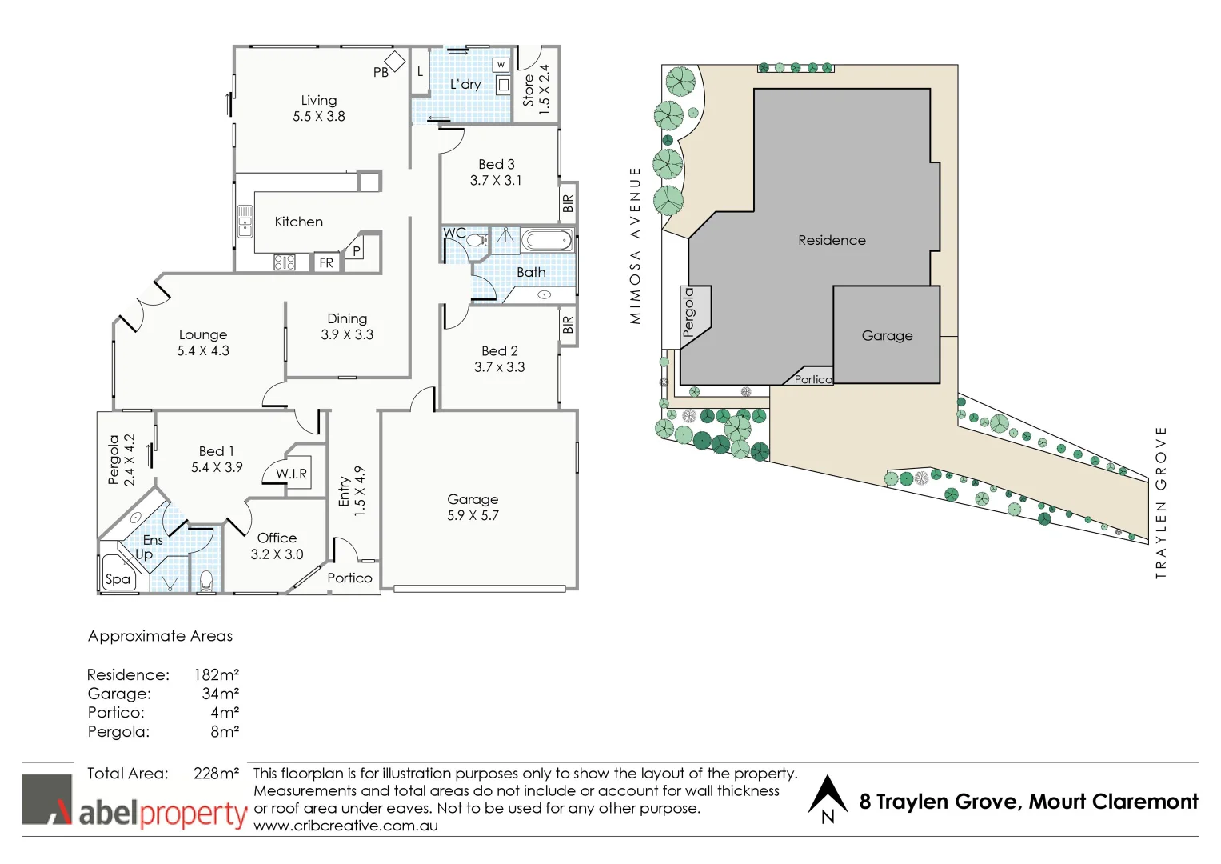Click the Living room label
[x=318, y=101]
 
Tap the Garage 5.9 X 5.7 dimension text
[x=473, y=516]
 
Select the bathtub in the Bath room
[x=547, y=240]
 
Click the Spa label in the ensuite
[x=118, y=579]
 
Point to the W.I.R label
[x=291, y=474]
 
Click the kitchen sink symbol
[x=245, y=222]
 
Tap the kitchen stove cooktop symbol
[x=285, y=262]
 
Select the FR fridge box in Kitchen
[x=326, y=262]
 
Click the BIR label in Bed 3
[x=568, y=204]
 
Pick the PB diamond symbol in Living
[x=395, y=61]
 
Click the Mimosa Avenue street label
[x=636, y=245]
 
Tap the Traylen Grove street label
[x=1161, y=502]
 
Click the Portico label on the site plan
[x=812, y=380]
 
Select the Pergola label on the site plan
[x=689, y=312]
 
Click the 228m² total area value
[x=216, y=774]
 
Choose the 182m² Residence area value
[x=216, y=675]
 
